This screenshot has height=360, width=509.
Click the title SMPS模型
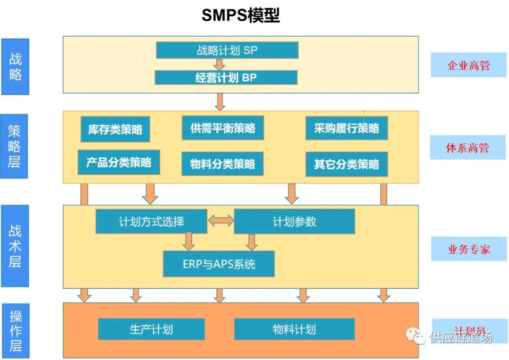coord(240,16)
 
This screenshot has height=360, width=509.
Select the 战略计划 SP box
coord(227,50)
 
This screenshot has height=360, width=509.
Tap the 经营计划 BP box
coord(226,78)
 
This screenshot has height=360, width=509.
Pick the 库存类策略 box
coord(115,129)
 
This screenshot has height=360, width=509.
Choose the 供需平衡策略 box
coord(223,128)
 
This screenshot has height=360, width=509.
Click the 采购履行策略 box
coord(346,128)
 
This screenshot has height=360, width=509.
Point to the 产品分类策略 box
coord(118,163)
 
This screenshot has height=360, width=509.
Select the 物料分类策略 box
coord(223,164)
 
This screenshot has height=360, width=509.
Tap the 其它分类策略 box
coord(346,164)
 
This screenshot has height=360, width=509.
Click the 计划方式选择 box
coord(151,221)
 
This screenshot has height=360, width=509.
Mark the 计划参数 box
coord(295,221)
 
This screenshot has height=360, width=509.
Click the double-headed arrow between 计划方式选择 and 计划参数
coord(221,220)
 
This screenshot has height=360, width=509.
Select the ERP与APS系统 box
coord(219,264)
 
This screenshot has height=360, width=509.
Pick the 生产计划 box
coord(151,329)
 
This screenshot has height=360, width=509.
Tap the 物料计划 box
coord(294,329)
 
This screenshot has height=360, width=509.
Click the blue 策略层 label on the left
coord(15,146)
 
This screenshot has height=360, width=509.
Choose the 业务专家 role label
coord(468,249)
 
